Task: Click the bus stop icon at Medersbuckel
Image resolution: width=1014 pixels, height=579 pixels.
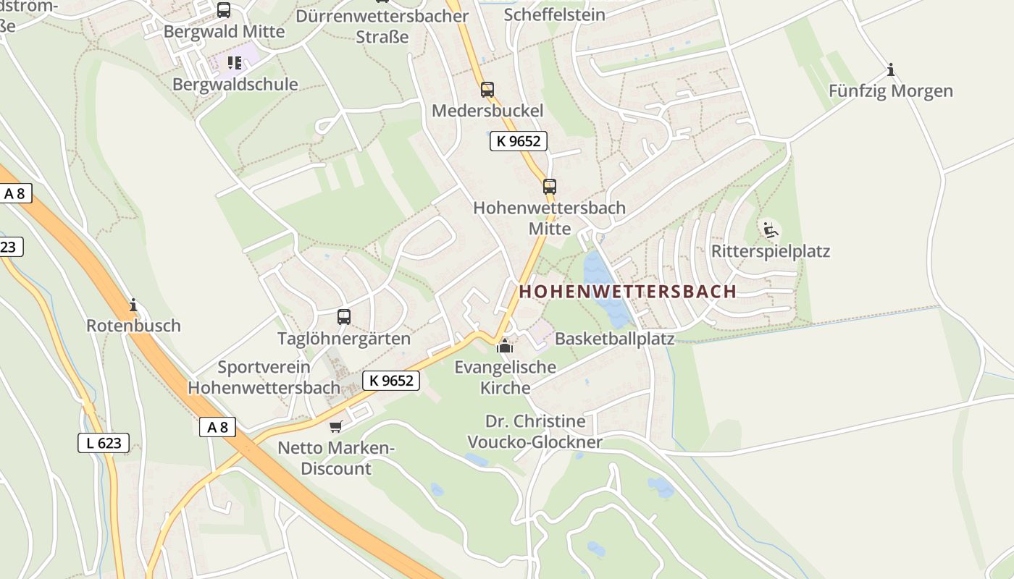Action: pyautogui.click(x=487, y=90)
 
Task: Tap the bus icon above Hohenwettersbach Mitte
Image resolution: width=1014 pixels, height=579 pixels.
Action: pyautogui.click(x=550, y=187)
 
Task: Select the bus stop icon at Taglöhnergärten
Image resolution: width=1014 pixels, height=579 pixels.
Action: pyautogui.click(x=344, y=317)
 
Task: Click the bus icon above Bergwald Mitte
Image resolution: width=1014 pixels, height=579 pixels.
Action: pyautogui.click(x=224, y=10)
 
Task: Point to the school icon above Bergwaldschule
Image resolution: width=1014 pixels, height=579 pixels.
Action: pyautogui.click(x=234, y=63)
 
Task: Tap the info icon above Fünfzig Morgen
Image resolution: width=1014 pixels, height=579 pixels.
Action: pyautogui.click(x=891, y=70)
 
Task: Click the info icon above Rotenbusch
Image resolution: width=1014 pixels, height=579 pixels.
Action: pyautogui.click(x=133, y=305)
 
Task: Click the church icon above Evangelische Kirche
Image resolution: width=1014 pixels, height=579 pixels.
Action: pyautogui.click(x=505, y=346)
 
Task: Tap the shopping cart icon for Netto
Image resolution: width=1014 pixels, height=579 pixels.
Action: pyautogui.click(x=335, y=426)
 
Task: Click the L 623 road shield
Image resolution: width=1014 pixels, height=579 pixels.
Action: pyautogui.click(x=104, y=443)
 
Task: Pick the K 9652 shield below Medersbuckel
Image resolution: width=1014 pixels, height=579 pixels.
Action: pyautogui.click(x=519, y=141)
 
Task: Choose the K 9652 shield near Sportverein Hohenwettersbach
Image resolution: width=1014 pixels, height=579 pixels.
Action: pyautogui.click(x=391, y=380)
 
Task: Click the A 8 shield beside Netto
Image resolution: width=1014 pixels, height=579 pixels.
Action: pyautogui.click(x=217, y=427)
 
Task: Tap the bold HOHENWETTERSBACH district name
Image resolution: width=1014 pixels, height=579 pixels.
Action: pyautogui.click(x=628, y=292)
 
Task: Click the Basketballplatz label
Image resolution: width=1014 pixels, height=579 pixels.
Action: pyautogui.click(x=614, y=339)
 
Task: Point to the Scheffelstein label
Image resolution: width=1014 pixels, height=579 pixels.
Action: pyautogui.click(x=554, y=14)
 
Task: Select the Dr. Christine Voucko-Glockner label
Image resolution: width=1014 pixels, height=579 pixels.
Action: pyautogui.click(x=535, y=432)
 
